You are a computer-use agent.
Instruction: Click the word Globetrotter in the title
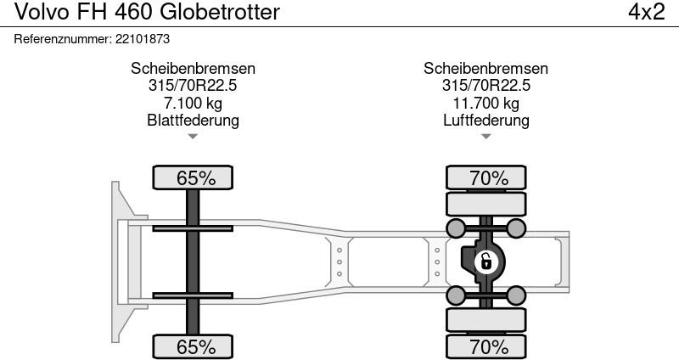(x=220, y=12)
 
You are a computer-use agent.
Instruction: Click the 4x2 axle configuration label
(x=647, y=12)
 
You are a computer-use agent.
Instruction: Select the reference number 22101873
(x=143, y=39)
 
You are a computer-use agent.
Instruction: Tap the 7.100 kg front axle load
(x=193, y=103)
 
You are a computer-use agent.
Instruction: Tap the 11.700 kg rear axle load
(x=485, y=103)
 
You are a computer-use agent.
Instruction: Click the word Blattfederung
(x=193, y=120)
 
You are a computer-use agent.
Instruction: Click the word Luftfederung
(x=485, y=120)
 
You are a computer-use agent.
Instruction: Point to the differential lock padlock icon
(x=485, y=262)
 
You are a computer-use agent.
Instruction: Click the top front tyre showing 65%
(x=193, y=177)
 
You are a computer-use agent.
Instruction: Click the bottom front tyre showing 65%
(x=193, y=346)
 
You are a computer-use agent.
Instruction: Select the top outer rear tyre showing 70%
(x=485, y=177)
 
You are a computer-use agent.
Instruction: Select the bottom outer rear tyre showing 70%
(x=485, y=346)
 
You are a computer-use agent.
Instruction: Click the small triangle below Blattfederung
(x=193, y=137)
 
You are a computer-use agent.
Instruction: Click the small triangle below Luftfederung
(x=485, y=137)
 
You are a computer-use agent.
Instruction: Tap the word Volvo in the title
(x=42, y=12)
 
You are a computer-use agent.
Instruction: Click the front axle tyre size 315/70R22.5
(x=193, y=86)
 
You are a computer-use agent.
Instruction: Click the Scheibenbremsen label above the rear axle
(x=485, y=69)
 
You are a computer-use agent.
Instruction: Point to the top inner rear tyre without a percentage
(x=485, y=204)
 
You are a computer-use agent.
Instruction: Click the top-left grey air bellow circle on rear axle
(x=456, y=228)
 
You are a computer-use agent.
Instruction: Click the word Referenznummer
(x=63, y=39)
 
